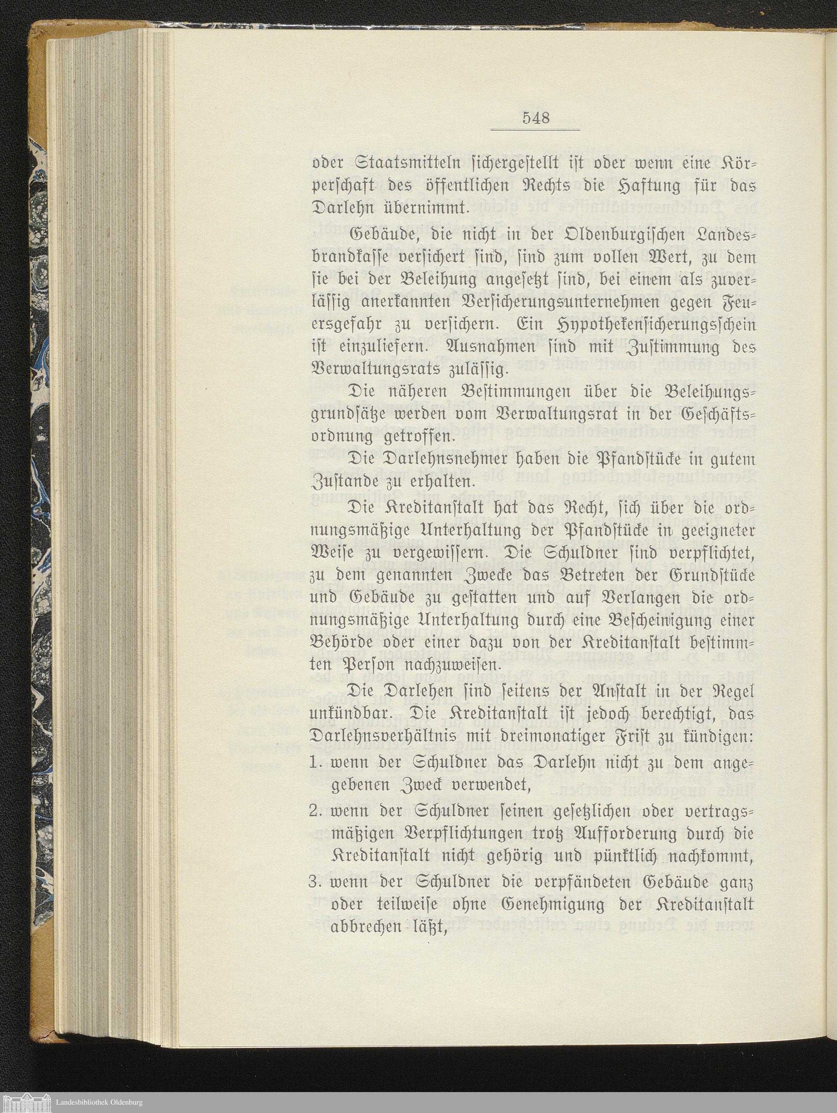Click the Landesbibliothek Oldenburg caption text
pos(99,1101)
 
